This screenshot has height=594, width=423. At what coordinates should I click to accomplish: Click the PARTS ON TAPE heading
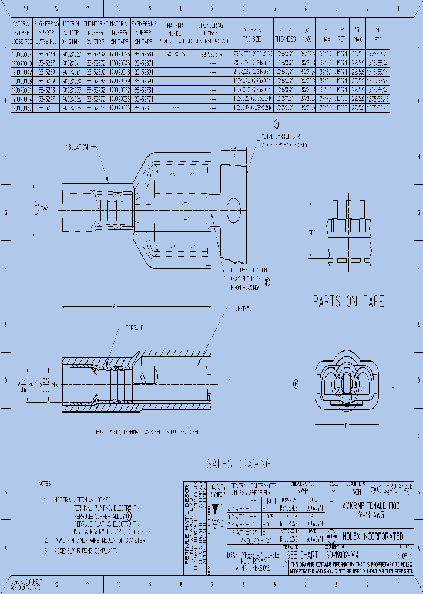[348, 301]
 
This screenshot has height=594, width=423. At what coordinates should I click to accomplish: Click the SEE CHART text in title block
[301, 553]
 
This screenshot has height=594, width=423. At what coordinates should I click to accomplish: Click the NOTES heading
[44, 485]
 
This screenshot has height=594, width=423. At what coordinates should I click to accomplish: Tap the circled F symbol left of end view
[296, 384]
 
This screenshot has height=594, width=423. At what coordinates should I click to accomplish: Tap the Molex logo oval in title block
[331, 536]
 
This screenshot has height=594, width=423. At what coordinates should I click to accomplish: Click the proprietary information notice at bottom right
[352, 566]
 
